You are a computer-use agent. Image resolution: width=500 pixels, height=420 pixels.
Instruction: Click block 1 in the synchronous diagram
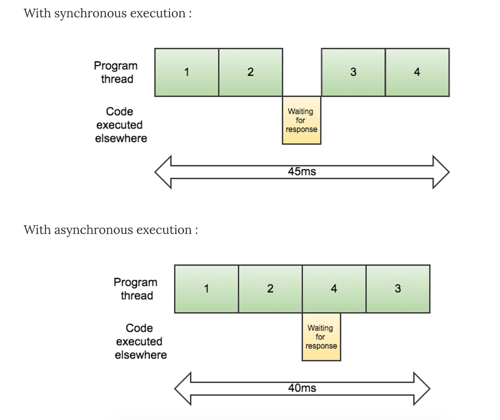pos(186,72)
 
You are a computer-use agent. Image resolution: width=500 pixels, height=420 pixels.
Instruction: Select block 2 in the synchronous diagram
pos(250,72)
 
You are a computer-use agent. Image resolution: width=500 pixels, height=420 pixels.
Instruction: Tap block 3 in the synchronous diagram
pos(353,72)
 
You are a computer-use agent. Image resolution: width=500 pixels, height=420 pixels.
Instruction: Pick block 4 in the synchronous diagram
pos(417,72)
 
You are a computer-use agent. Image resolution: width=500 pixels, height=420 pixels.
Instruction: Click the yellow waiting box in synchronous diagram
pos(301,120)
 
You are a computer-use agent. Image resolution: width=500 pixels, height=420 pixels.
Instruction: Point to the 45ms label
pos(302,172)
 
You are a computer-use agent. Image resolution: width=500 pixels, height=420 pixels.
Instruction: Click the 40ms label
pos(302,388)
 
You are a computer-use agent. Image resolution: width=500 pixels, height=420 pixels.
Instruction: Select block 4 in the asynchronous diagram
pos(334,289)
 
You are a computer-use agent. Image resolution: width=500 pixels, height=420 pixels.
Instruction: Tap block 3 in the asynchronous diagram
pos(398,289)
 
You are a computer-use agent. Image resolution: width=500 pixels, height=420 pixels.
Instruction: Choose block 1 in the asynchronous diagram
pos(206,289)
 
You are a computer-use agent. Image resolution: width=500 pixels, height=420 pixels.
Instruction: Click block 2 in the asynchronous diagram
pos(270,289)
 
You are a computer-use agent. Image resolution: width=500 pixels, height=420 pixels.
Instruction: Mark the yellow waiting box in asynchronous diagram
pos(321,337)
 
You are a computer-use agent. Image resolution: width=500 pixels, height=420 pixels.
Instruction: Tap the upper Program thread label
pos(116,72)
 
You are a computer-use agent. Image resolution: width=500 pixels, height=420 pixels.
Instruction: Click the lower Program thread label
pos(135,289)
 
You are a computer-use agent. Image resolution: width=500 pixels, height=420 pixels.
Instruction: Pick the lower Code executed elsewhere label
pos(140,342)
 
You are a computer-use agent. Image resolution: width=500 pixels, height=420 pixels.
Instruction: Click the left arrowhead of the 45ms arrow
pos(163,172)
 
